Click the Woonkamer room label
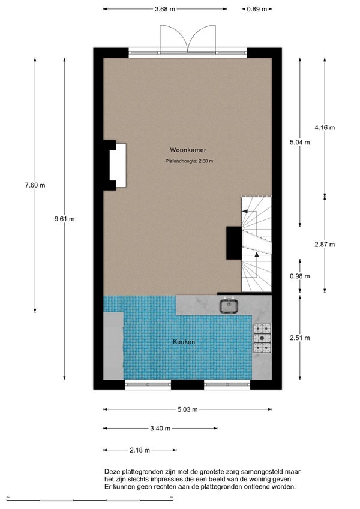click(x=184, y=150)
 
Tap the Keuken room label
click(x=184, y=341)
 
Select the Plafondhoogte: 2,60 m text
click(x=189, y=161)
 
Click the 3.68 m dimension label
click(x=164, y=9)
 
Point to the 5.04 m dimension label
click(x=300, y=143)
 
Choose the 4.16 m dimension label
click(x=325, y=127)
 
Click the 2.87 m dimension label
click(x=325, y=244)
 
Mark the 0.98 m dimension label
click(x=300, y=276)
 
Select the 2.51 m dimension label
click(x=300, y=338)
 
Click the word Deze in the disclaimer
click(x=112, y=472)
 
